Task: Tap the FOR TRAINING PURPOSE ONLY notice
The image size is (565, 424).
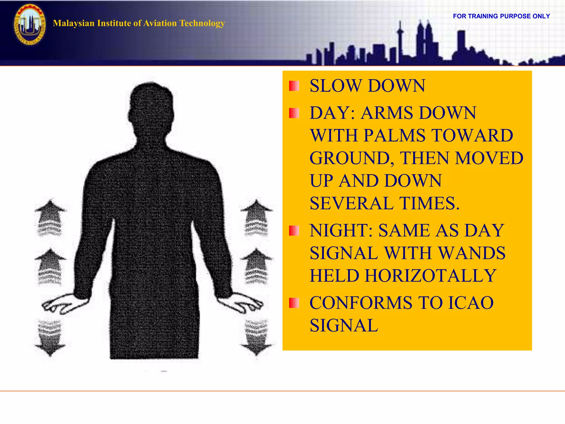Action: tap(501, 16)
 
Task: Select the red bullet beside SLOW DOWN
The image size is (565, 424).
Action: tap(294, 86)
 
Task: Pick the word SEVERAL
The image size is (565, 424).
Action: tap(351, 203)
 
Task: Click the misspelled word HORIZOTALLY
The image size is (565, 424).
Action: tap(431, 276)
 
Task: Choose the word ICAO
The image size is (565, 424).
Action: tap(470, 303)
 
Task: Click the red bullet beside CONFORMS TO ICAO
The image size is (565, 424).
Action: tap(294, 303)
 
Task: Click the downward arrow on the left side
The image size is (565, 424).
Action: tap(50, 338)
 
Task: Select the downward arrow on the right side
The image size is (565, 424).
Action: tap(256, 338)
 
